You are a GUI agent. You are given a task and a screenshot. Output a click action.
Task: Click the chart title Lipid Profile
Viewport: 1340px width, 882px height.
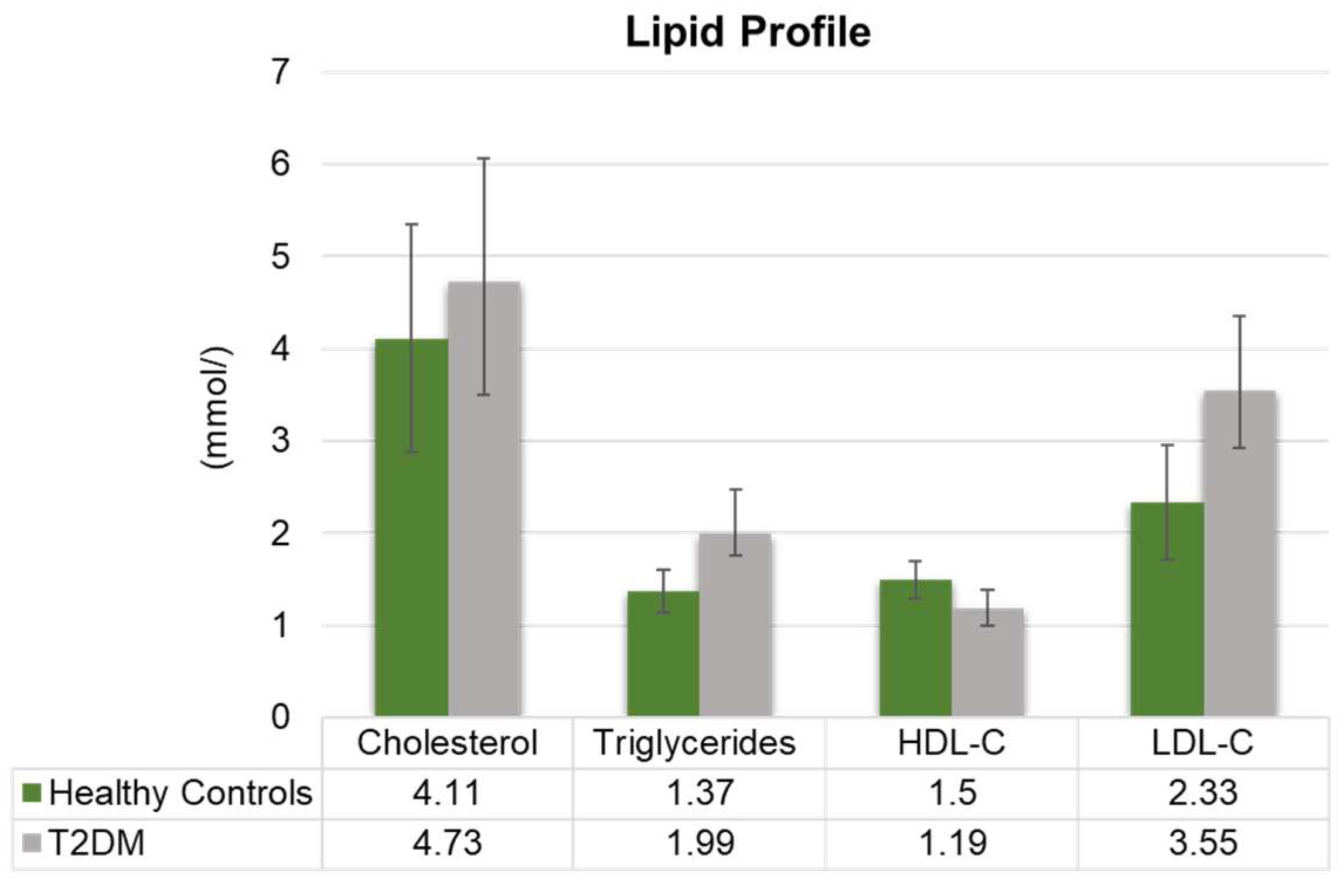click(x=748, y=32)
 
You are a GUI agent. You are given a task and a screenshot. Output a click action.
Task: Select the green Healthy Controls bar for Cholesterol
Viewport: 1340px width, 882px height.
click(x=411, y=527)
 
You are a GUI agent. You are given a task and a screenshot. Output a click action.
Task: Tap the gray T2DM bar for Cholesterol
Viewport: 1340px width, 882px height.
click(x=484, y=498)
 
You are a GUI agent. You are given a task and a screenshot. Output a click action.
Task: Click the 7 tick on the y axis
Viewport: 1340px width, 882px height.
click(x=281, y=73)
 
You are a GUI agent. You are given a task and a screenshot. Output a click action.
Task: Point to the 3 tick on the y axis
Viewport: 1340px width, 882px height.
click(x=281, y=441)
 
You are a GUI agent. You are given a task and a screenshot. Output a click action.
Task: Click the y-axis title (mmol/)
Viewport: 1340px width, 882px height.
click(x=217, y=407)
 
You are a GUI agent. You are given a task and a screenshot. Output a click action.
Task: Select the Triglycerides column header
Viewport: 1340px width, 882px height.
click(x=695, y=743)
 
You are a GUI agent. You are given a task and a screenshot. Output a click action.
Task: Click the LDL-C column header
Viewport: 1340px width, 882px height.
click(x=1202, y=743)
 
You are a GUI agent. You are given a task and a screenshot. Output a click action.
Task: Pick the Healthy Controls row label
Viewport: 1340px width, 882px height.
click(x=180, y=794)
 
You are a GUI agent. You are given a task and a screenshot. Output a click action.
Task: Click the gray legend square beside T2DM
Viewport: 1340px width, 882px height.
click(x=32, y=843)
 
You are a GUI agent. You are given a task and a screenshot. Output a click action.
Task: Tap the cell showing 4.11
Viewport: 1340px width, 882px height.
click(x=447, y=793)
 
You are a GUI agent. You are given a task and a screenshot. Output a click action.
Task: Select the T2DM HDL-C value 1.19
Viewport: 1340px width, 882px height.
click(x=953, y=843)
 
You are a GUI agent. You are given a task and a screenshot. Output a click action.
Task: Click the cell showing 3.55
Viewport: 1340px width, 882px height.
click(x=1202, y=843)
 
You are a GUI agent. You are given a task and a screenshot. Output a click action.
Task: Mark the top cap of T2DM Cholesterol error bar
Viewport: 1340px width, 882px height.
click(x=484, y=159)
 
